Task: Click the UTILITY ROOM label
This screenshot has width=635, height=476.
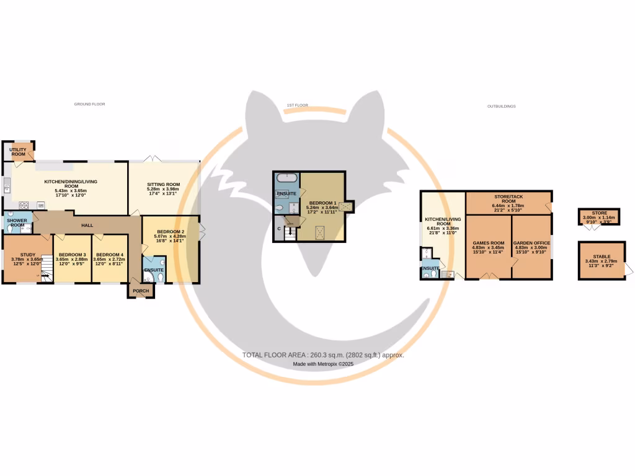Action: point(18,151)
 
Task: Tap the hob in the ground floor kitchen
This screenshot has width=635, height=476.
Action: point(25,205)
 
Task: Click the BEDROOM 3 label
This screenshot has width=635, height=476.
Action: point(72,255)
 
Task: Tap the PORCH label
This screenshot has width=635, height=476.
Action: point(141,290)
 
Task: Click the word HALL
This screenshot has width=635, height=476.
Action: point(87,225)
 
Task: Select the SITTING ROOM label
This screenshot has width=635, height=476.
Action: point(163,184)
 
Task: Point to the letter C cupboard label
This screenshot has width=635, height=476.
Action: point(279,229)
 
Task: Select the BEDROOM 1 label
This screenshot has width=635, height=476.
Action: point(322,203)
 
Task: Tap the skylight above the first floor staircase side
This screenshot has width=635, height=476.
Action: point(320,232)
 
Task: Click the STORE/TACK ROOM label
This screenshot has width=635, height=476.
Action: point(507,198)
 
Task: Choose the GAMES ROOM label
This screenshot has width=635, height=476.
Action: point(487,243)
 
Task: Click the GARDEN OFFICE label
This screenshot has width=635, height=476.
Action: point(531,243)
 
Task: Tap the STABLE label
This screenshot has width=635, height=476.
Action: point(597,256)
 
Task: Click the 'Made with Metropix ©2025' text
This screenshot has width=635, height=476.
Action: point(322,364)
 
